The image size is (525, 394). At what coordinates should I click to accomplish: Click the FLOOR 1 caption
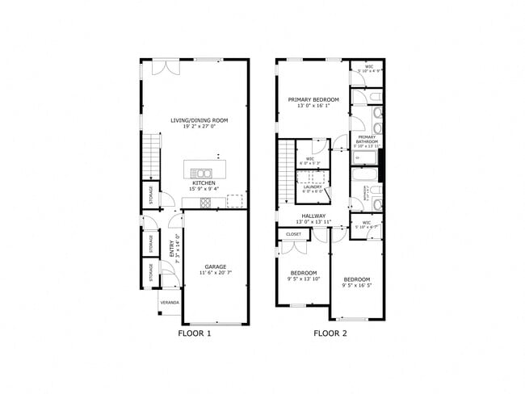194,333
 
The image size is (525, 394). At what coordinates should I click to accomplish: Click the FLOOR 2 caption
330,333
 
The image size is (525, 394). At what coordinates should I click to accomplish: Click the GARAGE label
214,266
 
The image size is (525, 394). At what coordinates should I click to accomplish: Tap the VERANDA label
170,303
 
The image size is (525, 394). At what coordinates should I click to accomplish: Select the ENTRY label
170,247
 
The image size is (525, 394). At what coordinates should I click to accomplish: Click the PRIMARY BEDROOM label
313,99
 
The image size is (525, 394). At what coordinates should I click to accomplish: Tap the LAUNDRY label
313,187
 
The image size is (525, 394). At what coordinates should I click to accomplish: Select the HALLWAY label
313,216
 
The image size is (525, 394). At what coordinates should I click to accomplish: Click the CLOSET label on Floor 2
293,234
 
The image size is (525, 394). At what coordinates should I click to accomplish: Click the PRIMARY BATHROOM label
367,138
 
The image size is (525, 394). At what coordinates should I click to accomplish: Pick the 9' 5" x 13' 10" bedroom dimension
304,279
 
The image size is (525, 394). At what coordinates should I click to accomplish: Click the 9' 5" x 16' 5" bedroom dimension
356,285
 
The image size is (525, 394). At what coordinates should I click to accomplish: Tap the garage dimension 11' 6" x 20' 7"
214,273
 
